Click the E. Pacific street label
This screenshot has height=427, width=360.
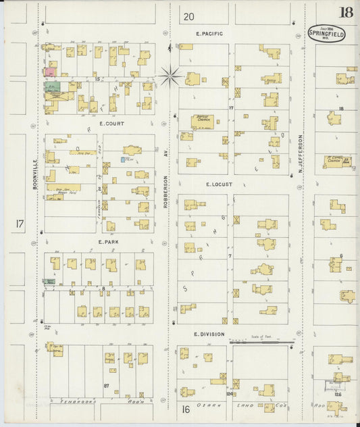(209, 33)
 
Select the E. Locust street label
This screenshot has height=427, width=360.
(219, 184)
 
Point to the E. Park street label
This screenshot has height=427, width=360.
(108, 241)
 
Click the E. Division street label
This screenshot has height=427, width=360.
(208, 334)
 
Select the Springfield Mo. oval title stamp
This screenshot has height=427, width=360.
(326, 33)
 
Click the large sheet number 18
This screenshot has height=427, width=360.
(346, 12)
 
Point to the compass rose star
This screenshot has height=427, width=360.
(170, 76)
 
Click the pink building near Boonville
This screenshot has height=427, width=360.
(50, 71)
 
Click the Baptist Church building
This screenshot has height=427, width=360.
(202, 121)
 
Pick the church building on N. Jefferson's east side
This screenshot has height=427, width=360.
(336, 161)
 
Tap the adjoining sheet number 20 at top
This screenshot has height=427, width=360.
(188, 16)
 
